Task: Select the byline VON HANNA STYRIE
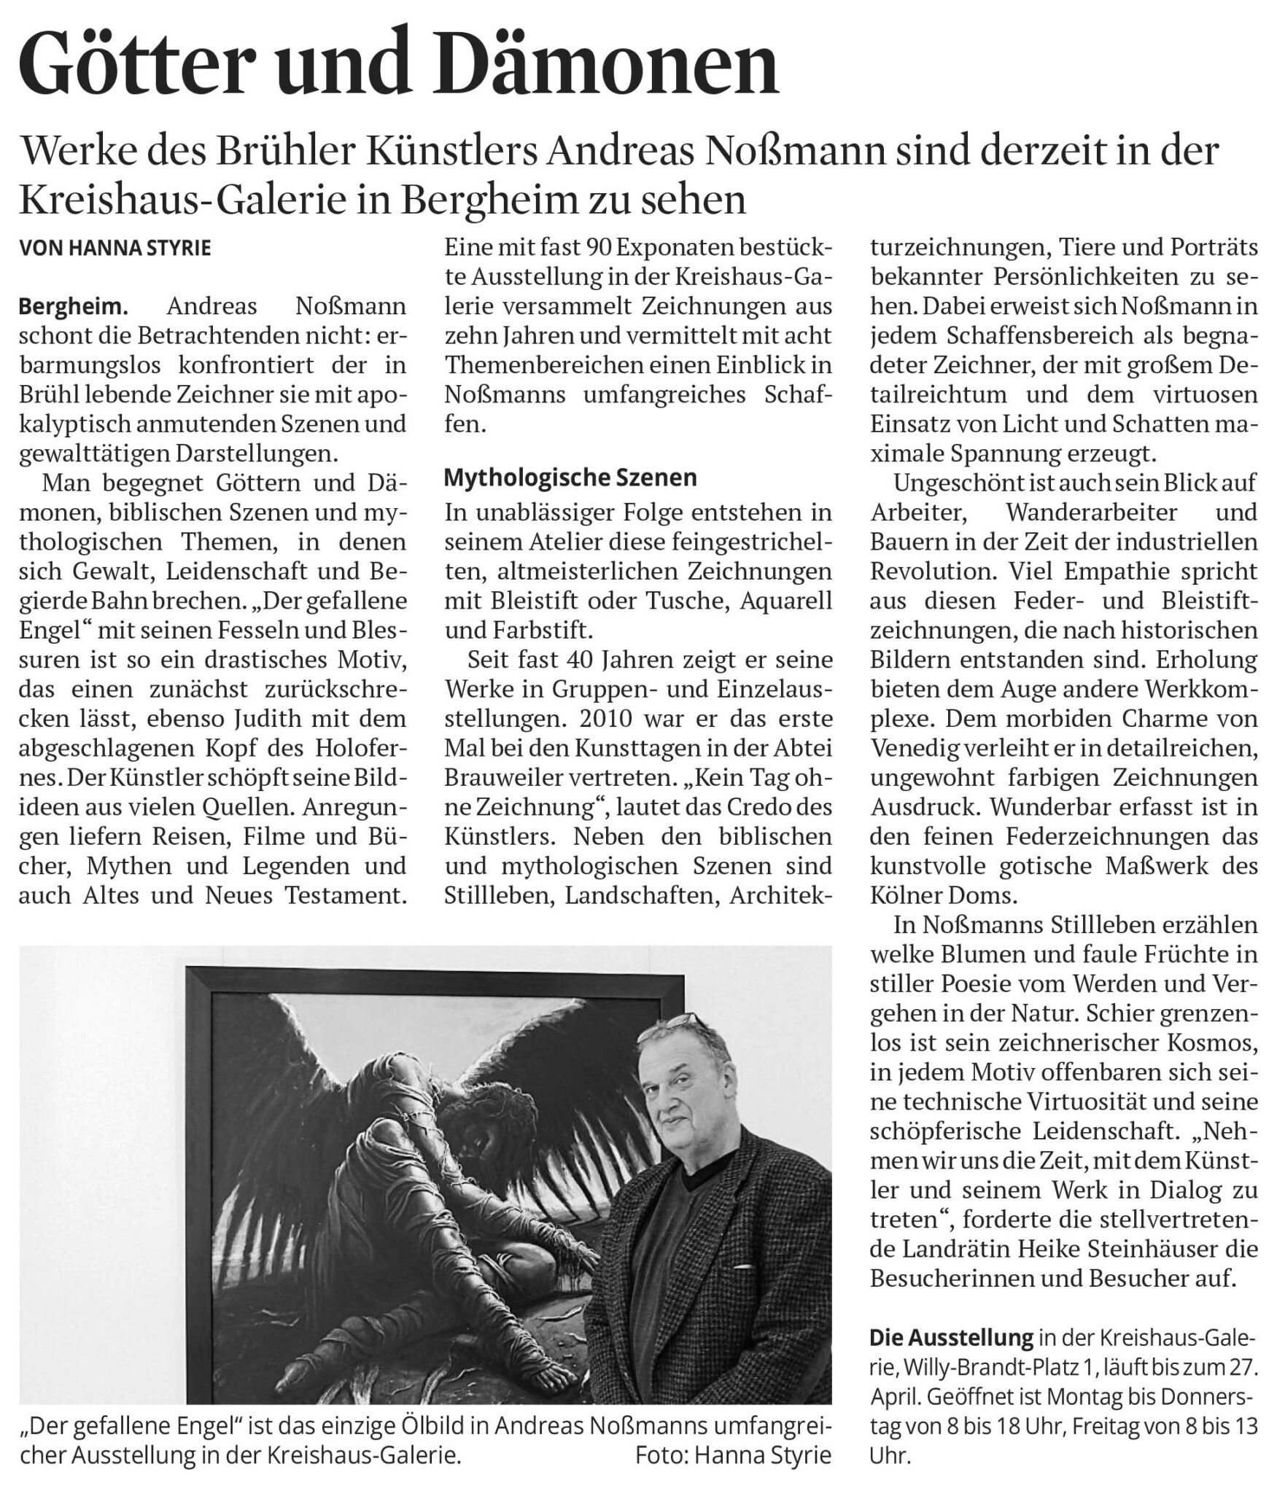114,248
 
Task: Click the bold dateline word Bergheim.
73,306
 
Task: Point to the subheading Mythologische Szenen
570,477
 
